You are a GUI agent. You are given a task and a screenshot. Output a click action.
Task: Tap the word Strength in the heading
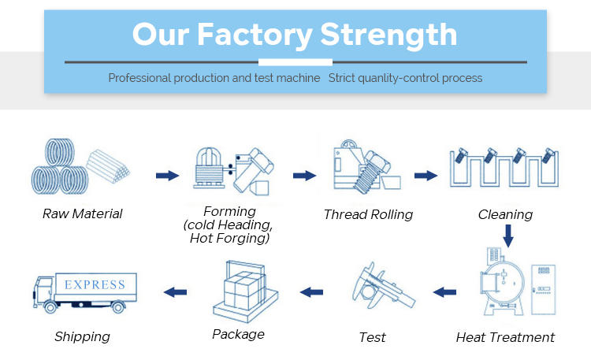[389, 35]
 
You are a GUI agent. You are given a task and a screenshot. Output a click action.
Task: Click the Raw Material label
[83, 214]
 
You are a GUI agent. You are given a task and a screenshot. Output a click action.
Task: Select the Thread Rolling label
[368, 214]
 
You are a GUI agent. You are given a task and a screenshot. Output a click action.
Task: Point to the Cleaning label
[505, 214]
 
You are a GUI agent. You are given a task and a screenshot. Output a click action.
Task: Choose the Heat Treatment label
[505, 337]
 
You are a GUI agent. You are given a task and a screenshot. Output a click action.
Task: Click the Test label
[372, 337]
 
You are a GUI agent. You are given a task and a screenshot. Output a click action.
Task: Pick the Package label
[238, 334]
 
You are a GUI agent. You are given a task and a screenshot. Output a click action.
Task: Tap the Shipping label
[82, 337]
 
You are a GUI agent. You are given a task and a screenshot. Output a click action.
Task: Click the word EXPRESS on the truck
[95, 284]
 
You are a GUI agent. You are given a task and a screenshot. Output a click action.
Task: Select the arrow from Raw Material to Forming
[167, 175]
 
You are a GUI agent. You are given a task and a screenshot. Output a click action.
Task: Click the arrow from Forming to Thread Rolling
[303, 175]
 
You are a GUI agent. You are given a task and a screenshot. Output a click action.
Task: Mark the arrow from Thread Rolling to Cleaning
[426, 175]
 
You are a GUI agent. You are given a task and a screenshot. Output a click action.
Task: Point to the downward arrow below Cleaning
[508, 235]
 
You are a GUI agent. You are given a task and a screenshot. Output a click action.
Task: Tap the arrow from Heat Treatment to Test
[444, 292]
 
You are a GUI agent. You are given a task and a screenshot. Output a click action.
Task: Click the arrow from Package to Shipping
[175, 292]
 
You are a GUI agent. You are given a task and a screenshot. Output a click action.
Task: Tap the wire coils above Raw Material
[58, 169]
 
